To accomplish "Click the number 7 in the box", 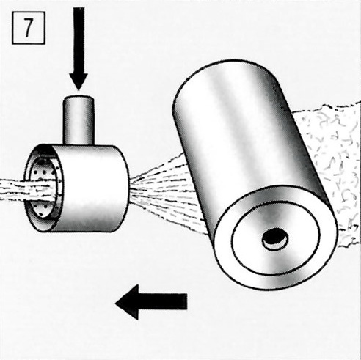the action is [28, 28].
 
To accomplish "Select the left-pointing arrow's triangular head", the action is [127, 302].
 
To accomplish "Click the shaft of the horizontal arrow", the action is [163, 302].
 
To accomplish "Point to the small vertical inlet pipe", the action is [79, 120].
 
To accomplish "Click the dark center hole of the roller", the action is [275, 239].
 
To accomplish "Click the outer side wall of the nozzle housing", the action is [91, 188].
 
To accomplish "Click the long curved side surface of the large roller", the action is [244, 137].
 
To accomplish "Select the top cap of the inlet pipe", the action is [79, 98].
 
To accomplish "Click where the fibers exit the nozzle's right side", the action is [130, 189].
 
